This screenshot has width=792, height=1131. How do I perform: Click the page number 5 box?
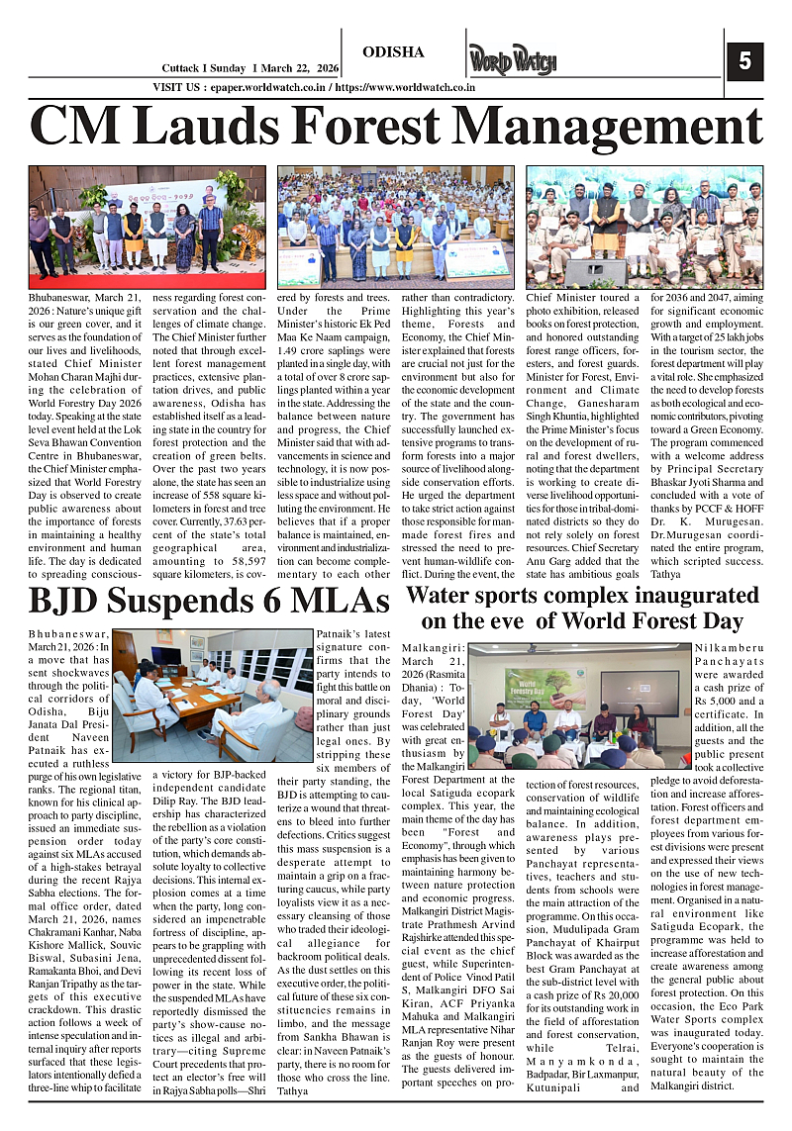point(744,62)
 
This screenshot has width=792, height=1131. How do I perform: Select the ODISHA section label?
point(393,52)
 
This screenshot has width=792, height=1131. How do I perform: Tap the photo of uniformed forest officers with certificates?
point(643,226)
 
